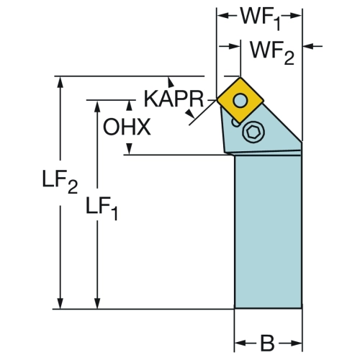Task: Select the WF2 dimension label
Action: [272, 53]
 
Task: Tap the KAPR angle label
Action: [174, 99]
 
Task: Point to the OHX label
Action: [127, 127]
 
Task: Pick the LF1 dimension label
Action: [102, 208]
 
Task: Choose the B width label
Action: [267, 343]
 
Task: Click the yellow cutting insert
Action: [240, 100]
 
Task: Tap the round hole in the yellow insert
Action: [240, 100]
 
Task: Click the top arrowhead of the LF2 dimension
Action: [60, 83]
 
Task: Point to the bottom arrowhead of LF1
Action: [97, 303]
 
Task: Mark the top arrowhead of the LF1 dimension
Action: [97, 107]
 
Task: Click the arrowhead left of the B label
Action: [240, 343]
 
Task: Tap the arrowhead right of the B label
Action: [295, 343]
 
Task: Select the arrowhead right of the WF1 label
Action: [295, 16]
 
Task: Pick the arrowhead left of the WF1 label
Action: [223, 16]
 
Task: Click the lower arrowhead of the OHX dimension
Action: [129, 149]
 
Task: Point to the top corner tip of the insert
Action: [240, 77]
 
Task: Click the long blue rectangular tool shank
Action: [268, 232]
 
